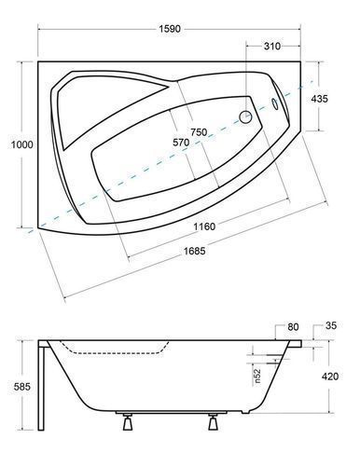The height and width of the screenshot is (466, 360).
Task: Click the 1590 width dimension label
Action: pos(170,29)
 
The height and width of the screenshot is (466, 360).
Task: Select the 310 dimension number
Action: pos(272,47)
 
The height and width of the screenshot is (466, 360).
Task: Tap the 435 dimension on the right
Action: pos(319,99)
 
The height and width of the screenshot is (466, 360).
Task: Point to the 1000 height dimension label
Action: pos(22,144)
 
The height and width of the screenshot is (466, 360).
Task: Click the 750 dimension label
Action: pos(199,132)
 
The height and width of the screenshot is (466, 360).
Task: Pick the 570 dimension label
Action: pos(181,143)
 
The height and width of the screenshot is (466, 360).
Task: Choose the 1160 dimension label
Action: pos(204,226)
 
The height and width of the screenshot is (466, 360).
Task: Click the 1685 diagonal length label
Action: pos(195,251)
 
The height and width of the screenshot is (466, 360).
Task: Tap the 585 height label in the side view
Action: pos(22,387)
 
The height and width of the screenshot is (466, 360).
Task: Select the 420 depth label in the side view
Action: pos(330,377)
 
